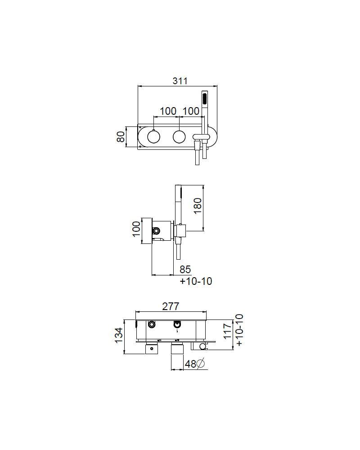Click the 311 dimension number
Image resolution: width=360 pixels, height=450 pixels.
coord(180,81)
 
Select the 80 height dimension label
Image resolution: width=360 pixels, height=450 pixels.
coord(121,136)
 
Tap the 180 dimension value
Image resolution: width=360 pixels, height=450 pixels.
coord(198,206)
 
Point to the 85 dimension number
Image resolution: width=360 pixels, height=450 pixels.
coord(185,270)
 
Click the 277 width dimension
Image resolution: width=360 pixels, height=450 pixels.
coord(171,306)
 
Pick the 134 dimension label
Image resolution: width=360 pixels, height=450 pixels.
coord(119,335)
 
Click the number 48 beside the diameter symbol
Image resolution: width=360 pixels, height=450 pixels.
coord(191,364)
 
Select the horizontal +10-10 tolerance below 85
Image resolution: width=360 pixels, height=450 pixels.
coord(196,281)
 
